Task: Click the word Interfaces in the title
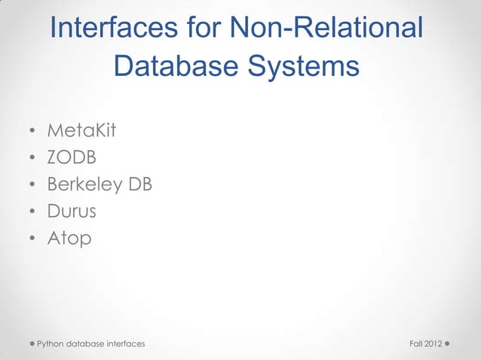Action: (113, 29)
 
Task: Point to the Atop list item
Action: (69, 239)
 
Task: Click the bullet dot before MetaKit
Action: (32, 133)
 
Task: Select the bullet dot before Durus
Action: (32, 213)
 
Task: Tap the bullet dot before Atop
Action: (32, 239)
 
